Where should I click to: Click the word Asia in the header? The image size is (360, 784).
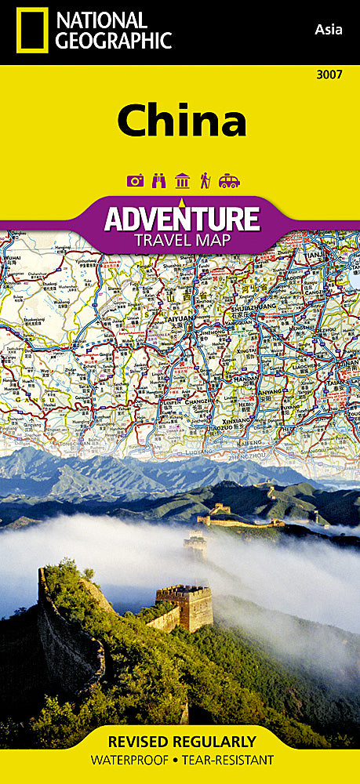(x=326, y=30)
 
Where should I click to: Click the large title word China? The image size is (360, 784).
(x=182, y=122)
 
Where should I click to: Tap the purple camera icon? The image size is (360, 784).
(x=135, y=181)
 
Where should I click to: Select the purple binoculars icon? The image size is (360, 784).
(x=158, y=181)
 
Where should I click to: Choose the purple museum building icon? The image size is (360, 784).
(x=182, y=181)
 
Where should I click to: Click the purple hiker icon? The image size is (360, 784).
(x=205, y=181)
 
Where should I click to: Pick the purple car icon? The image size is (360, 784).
(x=229, y=181)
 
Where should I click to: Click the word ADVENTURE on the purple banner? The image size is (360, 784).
(x=182, y=217)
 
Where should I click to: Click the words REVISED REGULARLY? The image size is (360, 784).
(x=180, y=742)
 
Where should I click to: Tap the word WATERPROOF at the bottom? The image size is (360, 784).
(x=130, y=760)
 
